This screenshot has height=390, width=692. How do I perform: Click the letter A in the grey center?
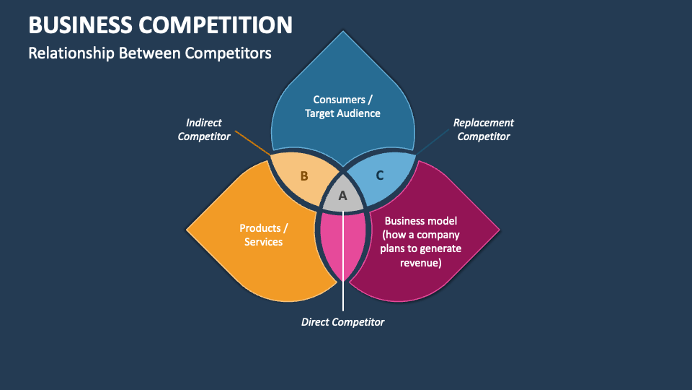pyautogui.click(x=343, y=196)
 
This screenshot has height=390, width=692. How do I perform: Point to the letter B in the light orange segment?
pyautogui.click(x=304, y=175)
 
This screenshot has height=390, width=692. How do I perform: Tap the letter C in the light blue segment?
pyautogui.click(x=380, y=175)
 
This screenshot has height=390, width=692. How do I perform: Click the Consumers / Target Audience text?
pyautogui.click(x=342, y=106)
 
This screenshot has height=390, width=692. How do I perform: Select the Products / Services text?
pyautogui.click(x=263, y=235)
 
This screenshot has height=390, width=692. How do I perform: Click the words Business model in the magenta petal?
pyautogui.click(x=422, y=220)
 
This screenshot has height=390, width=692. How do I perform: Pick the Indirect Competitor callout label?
pyautogui.click(x=204, y=129)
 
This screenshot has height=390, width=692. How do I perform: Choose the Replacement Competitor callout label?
pyautogui.click(x=484, y=129)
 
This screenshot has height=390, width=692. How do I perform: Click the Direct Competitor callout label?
pyautogui.click(x=342, y=322)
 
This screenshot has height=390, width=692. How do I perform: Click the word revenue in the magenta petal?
pyautogui.click(x=422, y=264)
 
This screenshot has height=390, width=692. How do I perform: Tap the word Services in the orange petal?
pyautogui.click(x=263, y=242)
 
